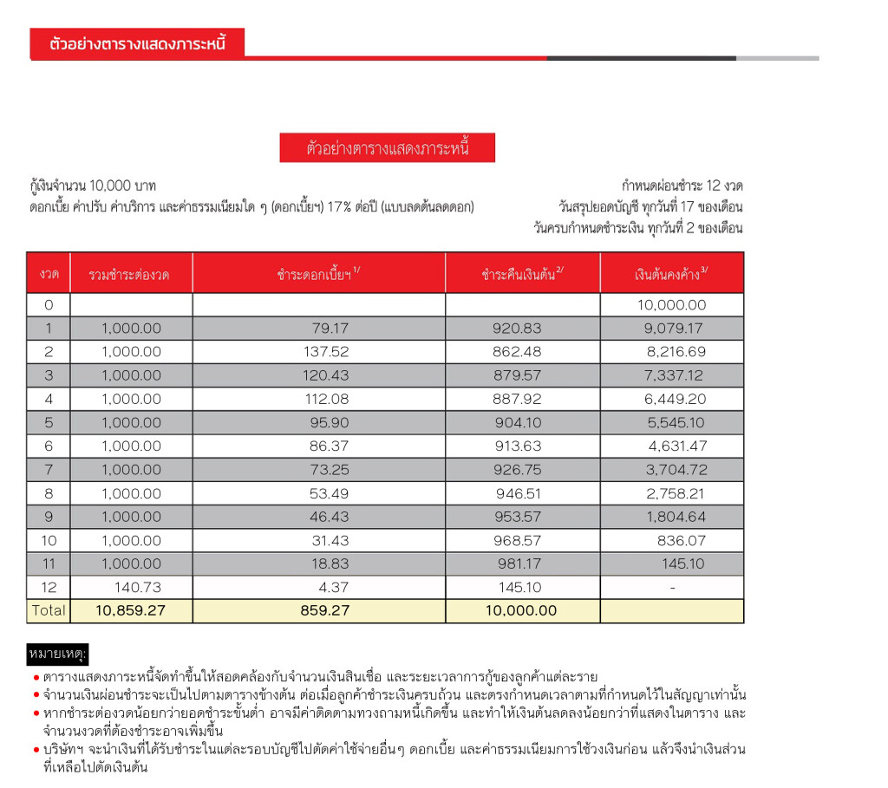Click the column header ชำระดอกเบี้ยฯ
click(x=317, y=274)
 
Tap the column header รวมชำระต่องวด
click(x=130, y=275)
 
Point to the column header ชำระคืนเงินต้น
click(x=522, y=274)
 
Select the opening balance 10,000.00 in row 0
click(x=671, y=305)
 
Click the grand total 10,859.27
click(x=130, y=610)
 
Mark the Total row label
click(x=48, y=610)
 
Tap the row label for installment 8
click(x=48, y=493)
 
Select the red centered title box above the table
click(x=387, y=148)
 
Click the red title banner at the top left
click(x=137, y=43)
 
